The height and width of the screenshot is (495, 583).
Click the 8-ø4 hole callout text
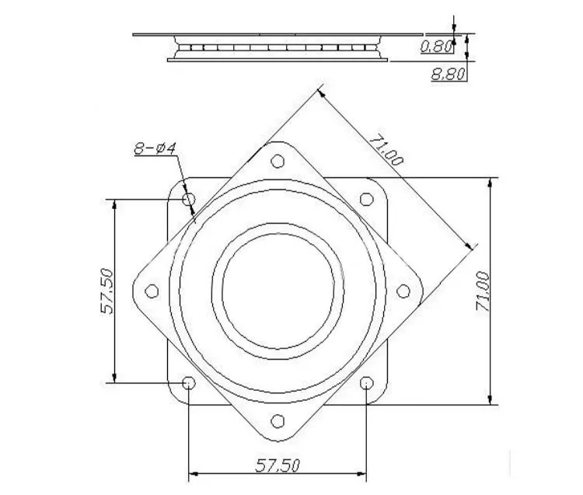[155, 148]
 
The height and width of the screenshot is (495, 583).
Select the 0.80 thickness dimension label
[437, 47]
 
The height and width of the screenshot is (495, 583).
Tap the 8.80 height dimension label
[448, 75]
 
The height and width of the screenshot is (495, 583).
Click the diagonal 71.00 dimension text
[386, 149]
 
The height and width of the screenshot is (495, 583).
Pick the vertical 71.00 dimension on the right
[483, 291]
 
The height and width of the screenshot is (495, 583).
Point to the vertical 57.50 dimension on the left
[106, 291]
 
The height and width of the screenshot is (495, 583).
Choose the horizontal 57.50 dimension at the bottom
[278, 465]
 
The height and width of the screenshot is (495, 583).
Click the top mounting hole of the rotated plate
[278, 162]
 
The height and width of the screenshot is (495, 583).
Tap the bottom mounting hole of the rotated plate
[278, 421]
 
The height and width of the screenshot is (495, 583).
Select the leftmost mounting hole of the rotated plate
[152, 291]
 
